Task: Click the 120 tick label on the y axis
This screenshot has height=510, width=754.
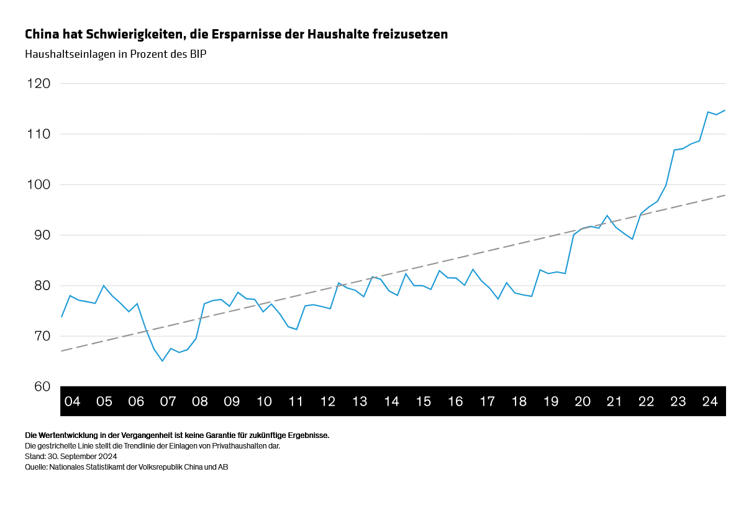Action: coord(38,83)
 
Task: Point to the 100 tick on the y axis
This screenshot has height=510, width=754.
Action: coord(38,184)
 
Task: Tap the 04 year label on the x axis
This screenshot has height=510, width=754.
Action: coord(72,401)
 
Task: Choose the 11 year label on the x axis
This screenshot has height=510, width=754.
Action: coord(296,401)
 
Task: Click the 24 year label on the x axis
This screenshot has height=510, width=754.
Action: coord(710,401)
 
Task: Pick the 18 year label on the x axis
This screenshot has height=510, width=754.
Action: coord(519,401)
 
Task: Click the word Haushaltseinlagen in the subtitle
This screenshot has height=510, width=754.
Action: coord(67,54)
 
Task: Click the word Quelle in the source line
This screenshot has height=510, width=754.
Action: coord(36,467)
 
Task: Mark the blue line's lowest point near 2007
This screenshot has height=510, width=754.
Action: coord(163,361)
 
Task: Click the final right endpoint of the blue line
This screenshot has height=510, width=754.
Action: coord(725,110)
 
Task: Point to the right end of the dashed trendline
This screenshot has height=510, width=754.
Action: coord(725,195)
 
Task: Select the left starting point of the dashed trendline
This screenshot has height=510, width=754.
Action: coord(61,351)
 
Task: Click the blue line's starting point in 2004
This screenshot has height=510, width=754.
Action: coord(61,317)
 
